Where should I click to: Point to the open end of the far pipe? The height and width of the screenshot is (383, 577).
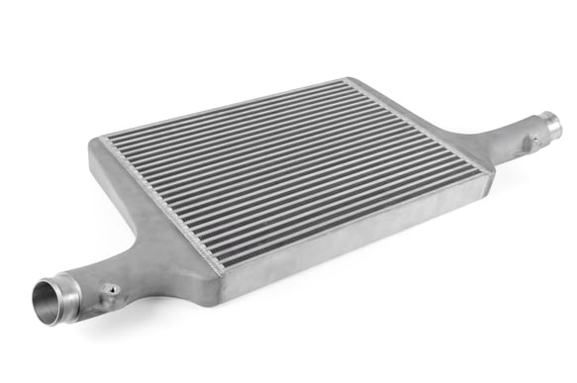click(551, 126)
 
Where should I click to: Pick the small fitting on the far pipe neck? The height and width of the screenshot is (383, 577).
click(535, 141)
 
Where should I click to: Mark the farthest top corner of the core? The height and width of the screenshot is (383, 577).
click(345, 79)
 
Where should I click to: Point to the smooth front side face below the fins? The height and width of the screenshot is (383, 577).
click(356, 238)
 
